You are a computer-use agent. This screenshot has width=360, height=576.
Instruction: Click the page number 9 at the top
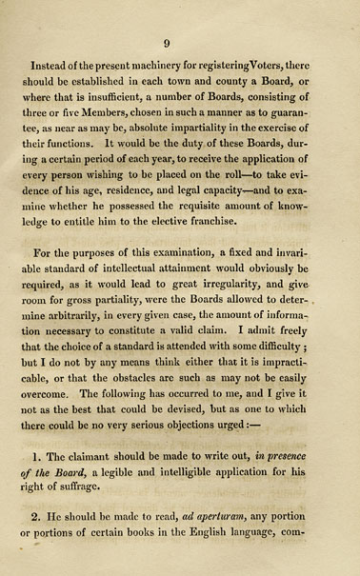pos(167,42)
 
